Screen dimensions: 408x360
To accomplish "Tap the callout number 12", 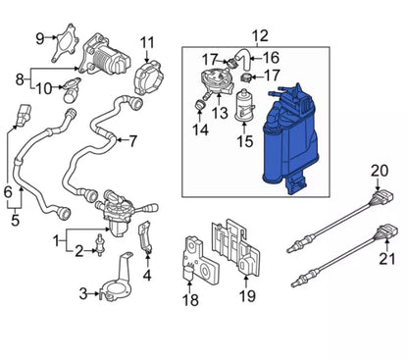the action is (260, 36).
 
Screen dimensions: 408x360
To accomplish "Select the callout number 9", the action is (40, 39).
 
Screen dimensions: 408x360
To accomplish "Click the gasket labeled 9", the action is (66, 43).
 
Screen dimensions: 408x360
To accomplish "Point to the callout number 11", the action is (147, 43).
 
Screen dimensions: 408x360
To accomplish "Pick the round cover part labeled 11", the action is (148, 77).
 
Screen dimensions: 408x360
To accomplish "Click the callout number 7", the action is (132, 141).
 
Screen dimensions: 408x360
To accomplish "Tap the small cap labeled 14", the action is (200, 105).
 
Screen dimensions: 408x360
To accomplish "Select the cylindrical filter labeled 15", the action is (244, 105).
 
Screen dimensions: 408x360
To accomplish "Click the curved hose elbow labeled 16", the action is (243, 60).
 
